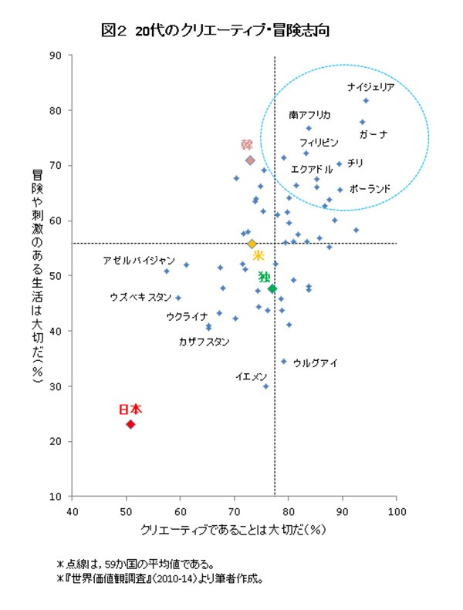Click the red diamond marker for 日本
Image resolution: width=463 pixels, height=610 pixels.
131,424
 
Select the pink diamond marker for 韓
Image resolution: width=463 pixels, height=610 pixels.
250,160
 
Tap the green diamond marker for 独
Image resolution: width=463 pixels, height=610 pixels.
272,288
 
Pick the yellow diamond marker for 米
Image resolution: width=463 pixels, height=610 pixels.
252,244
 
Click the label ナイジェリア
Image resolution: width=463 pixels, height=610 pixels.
370,87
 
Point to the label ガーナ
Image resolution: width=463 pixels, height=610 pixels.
373,134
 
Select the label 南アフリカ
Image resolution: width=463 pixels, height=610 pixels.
309,115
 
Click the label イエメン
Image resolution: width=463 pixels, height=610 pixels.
252,376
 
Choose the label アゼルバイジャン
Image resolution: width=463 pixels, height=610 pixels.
134,261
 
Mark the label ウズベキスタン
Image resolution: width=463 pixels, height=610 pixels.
140,296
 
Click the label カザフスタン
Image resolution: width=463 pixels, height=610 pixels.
204,342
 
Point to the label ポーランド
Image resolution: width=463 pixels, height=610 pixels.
370,188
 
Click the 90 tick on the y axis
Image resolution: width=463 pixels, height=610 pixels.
56,56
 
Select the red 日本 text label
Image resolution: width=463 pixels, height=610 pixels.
130,409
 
